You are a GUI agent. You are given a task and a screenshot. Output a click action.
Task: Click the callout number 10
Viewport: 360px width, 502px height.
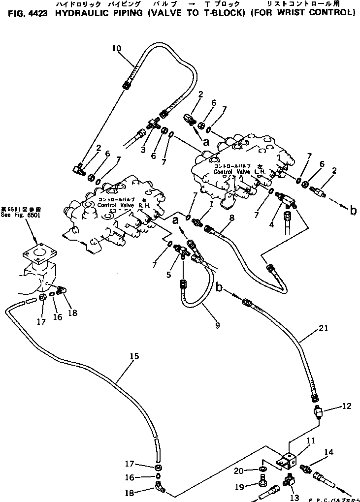pos(116,48)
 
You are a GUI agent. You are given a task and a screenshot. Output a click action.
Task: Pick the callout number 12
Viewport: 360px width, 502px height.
pos(346,406)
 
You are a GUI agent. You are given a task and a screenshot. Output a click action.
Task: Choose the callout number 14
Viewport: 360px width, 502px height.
pos(328,452)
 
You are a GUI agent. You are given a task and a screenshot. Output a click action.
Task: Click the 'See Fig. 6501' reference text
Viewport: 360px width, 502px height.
pos(21,215)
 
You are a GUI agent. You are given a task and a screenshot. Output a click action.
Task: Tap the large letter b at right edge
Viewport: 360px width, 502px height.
pos(353,211)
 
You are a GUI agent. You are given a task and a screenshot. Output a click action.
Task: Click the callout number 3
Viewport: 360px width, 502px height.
pos(143,149)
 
